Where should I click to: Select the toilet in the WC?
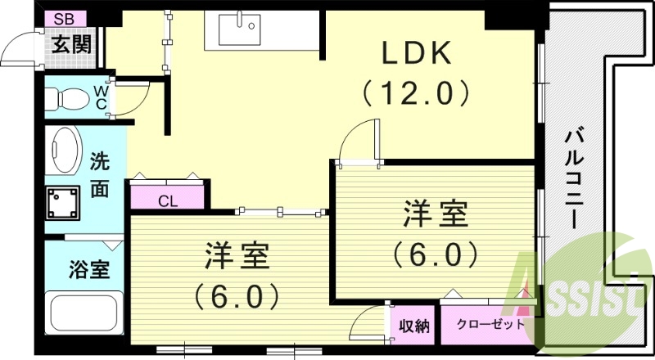coord(65,99)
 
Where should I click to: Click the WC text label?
coord(100,97)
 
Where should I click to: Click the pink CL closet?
coord(167,199)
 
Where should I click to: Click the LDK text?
coord(415,53)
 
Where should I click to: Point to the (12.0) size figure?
coord(416,92)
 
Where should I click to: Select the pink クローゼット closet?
coord(490,324)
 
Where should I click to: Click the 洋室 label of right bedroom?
coord(435,215)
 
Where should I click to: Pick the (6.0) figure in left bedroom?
coord(237,295)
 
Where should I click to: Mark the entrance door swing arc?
coord(18,51)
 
